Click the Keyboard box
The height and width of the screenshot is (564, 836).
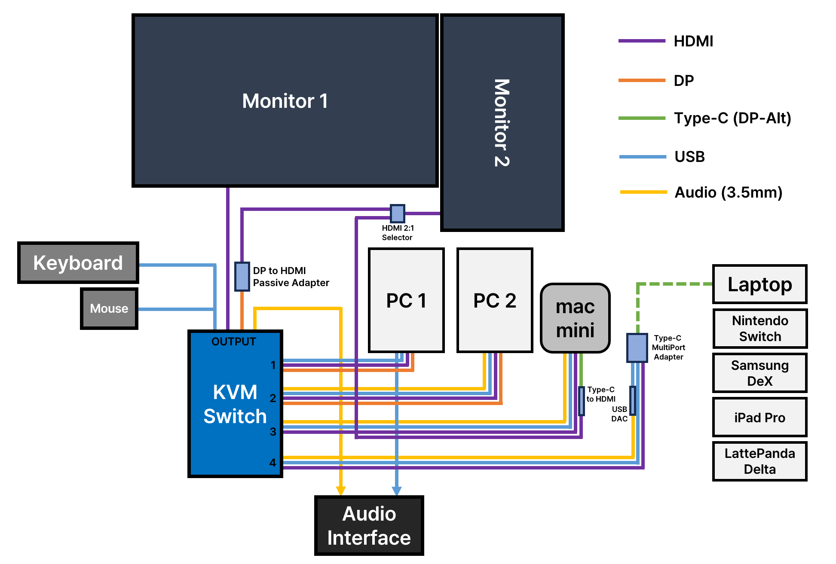[x=78, y=262]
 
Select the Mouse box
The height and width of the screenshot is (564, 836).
[x=109, y=308]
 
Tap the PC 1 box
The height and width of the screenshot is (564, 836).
[x=406, y=300]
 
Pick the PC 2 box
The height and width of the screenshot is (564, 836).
[x=495, y=300]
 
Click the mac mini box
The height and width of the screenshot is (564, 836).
[x=575, y=318]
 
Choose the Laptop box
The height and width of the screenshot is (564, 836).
[x=759, y=284]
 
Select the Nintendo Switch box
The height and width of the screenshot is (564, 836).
[x=760, y=329]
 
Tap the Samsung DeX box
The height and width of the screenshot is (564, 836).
[x=759, y=373]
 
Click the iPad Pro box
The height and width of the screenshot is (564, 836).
[x=759, y=418]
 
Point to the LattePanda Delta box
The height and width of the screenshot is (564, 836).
[x=759, y=461]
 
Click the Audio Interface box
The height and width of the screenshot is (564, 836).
[x=369, y=526]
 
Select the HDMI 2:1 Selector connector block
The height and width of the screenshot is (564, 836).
[x=398, y=213]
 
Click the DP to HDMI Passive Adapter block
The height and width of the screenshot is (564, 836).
[x=242, y=277]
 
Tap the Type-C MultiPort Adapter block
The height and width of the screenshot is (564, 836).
[x=637, y=348]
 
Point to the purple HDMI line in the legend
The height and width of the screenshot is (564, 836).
[x=642, y=41]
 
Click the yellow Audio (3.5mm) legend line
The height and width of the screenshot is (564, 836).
[x=643, y=192]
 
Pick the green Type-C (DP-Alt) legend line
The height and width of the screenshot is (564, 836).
[x=642, y=118]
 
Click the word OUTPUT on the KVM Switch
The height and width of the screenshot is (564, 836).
[x=233, y=341]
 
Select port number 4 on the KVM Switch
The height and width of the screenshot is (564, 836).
[x=273, y=463]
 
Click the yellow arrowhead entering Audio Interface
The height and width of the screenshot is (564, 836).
[x=341, y=491]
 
